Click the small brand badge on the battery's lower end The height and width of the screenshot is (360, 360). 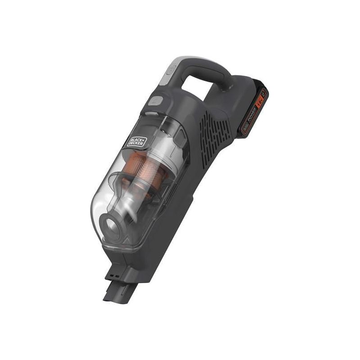pos(245,129)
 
